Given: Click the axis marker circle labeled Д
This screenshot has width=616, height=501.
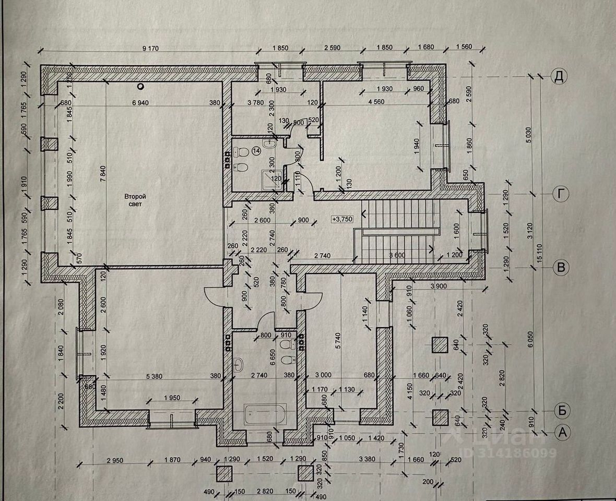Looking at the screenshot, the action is [559, 77].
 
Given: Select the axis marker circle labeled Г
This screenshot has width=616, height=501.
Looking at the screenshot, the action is [561, 194].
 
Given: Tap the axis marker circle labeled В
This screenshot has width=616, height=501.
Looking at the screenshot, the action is [561, 268].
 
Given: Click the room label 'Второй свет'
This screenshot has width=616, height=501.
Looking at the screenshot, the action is [135, 200].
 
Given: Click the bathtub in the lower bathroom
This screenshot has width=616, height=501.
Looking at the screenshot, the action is [265, 415].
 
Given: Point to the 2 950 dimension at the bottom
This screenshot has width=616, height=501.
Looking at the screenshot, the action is [115, 460].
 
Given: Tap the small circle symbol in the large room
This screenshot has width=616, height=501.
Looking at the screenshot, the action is [140, 86].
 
